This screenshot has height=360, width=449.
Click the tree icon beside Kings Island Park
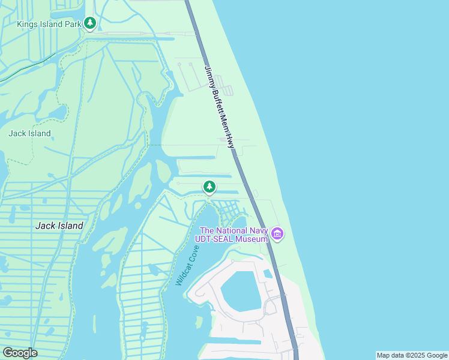tap(90, 23)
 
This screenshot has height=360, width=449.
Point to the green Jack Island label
tap(29, 133)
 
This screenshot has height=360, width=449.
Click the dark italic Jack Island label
tap(59, 226)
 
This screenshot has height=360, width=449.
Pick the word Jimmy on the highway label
tap(209, 76)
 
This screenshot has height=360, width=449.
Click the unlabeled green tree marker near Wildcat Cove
tap(209, 187)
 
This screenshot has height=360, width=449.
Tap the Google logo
tap(20, 353)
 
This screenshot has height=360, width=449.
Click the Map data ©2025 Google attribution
tap(412, 355)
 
